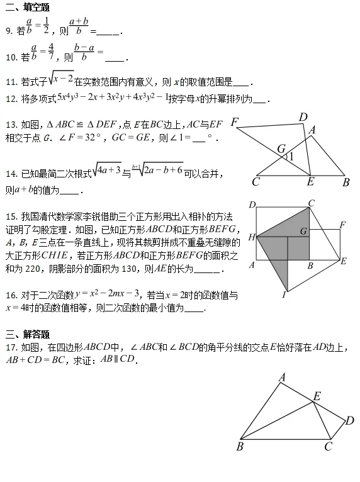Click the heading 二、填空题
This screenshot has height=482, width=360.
27,7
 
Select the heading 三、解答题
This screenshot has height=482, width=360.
27,333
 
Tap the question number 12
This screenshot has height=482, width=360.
11,99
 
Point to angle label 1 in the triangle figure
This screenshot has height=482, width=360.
290,156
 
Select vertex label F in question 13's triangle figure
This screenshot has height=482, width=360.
235,122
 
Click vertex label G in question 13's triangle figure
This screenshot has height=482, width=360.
281,149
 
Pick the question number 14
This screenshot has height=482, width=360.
11,173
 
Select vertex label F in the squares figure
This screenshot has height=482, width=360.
342,225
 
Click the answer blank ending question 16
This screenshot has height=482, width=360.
195,309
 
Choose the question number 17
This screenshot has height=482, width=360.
11,347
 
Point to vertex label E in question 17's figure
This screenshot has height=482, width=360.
317,396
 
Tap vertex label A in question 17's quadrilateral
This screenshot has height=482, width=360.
283,377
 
